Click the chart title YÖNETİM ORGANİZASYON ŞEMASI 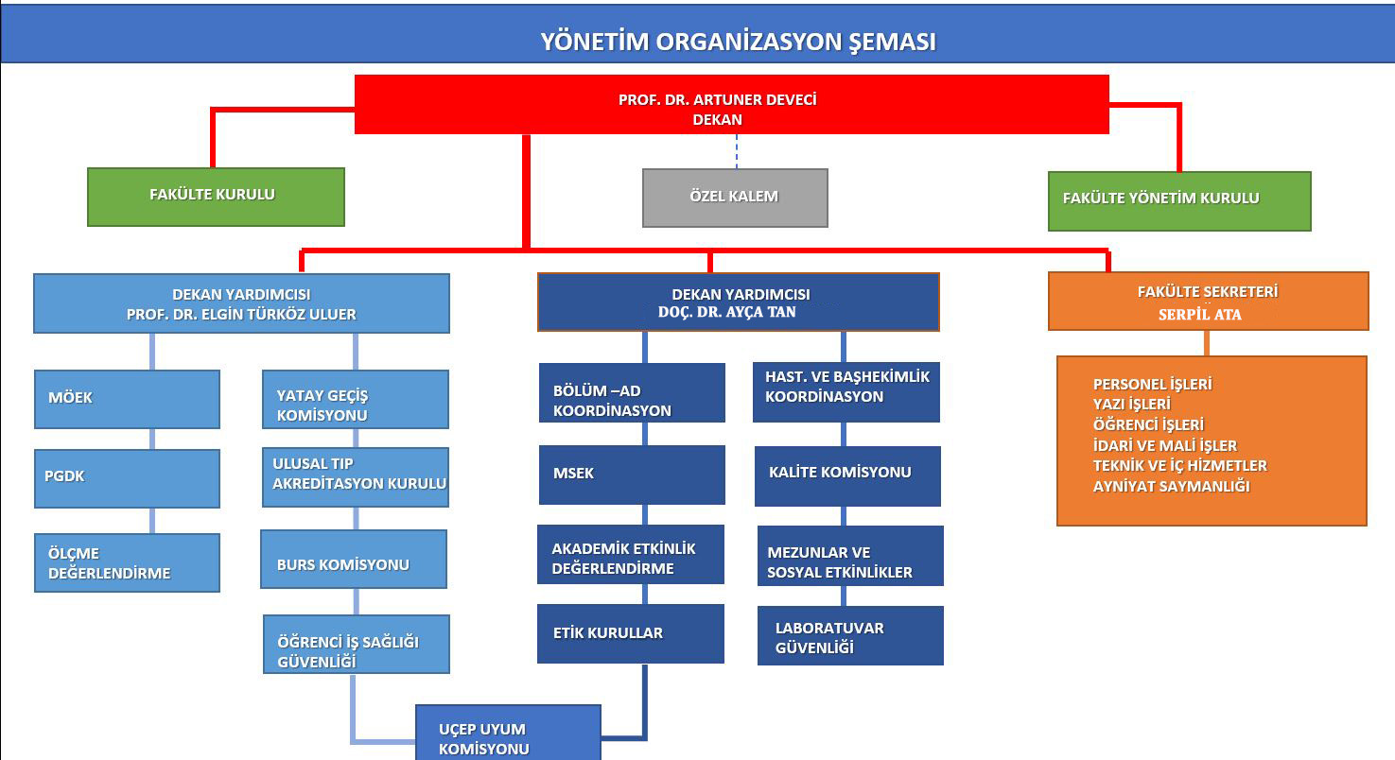tap(738, 42)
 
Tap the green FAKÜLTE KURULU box tap(216, 197)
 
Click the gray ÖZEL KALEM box tap(735, 198)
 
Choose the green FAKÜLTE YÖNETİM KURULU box tap(1179, 200)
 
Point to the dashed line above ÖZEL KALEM tap(737, 151)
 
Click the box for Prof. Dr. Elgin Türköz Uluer tap(241, 304)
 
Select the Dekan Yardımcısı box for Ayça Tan tap(738, 302)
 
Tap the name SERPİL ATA tap(1199, 315)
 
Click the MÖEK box tap(127, 398)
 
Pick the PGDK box tap(127, 477)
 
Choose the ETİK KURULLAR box tap(631, 633)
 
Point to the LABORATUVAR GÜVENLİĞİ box tap(850, 636)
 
